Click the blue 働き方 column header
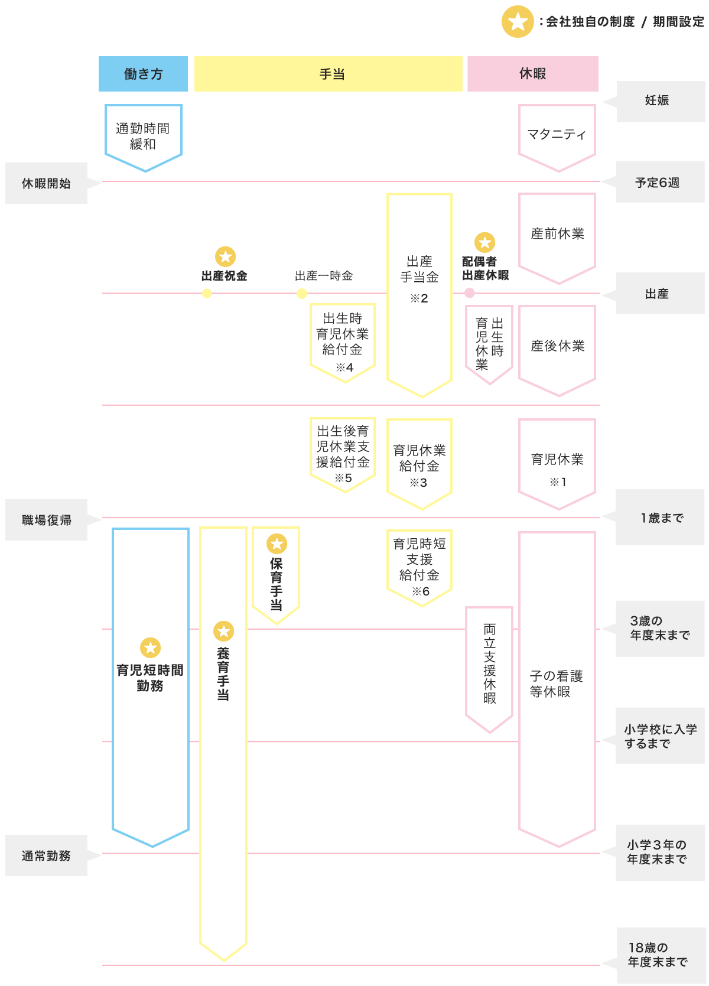143,74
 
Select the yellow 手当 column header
329,74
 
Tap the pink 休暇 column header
532,74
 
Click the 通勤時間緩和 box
143,136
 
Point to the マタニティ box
557,135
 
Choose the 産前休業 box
557,234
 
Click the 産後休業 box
557,346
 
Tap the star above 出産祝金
225,256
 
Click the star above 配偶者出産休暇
484,242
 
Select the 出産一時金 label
324,276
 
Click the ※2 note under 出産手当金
419,298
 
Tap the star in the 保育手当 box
277,544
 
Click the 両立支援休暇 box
489,665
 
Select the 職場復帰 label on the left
46,520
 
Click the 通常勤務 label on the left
46,855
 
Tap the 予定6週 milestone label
657,183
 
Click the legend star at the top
518,22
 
